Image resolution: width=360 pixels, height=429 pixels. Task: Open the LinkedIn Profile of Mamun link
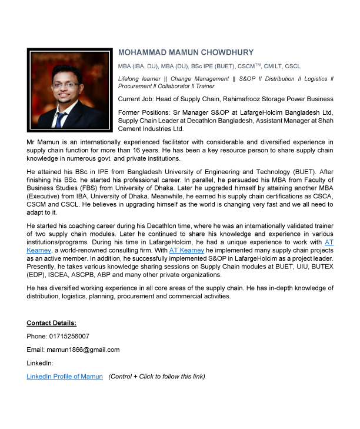pos(65,377)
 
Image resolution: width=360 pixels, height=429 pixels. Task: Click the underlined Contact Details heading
pos(51,323)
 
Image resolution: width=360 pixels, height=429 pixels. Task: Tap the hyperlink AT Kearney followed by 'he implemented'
pos(186,250)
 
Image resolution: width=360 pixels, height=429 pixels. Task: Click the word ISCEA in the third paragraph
pos(55,275)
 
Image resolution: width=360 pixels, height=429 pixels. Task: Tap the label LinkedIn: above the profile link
pos(39,363)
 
